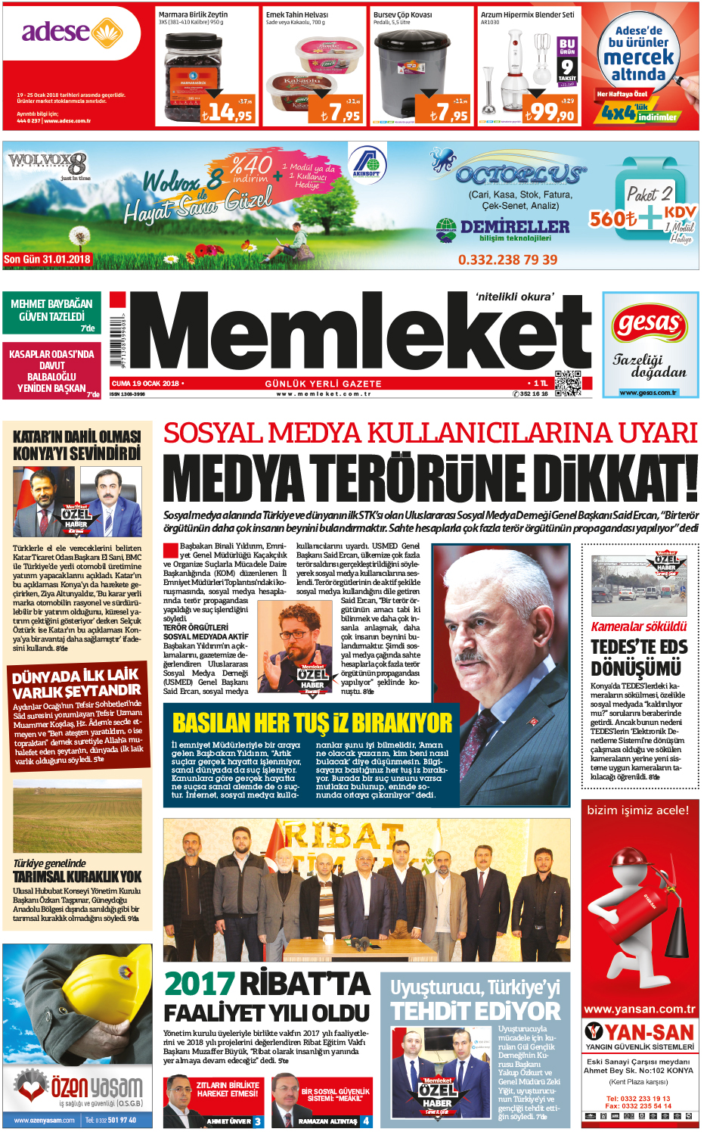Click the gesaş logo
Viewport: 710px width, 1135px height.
click(x=649, y=325)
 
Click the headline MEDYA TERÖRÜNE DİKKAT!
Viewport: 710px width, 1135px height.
click(x=430, y=478)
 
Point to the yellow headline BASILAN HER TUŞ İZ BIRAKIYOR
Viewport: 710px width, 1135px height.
click(x=312, y=723)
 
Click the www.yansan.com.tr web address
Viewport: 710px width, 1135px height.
click(x=639, y=1009)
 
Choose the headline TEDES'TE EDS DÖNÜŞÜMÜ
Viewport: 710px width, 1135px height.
click(x=639, y=658)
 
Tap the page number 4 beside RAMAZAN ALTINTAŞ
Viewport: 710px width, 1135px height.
click(x=367, y=1121)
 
